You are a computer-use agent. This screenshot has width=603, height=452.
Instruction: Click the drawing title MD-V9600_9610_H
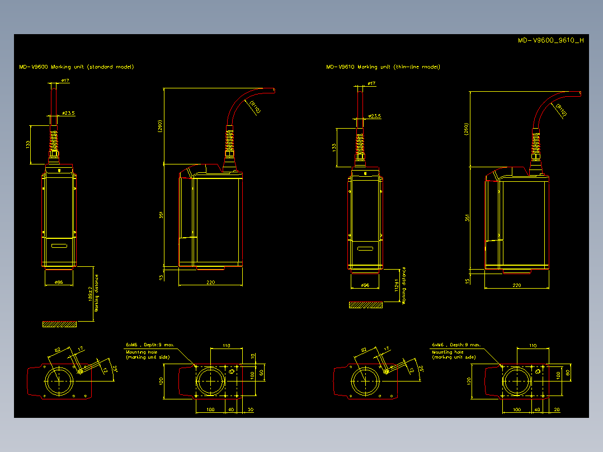[550, 40]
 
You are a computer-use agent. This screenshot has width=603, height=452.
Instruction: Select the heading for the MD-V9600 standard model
[76, 67]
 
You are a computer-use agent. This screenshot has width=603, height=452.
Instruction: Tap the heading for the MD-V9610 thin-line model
[383, 67]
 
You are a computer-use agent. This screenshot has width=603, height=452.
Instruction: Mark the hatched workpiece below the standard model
[59, 324]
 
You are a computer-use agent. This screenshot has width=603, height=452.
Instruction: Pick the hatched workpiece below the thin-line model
[366, 305]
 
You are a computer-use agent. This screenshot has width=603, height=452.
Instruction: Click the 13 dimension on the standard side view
[161, 276]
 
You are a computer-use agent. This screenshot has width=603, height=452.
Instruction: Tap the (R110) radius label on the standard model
[254, 107]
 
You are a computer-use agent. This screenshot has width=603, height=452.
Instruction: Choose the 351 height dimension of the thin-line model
[467, 218]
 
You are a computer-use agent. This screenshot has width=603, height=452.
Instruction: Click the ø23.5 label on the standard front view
[68, 113]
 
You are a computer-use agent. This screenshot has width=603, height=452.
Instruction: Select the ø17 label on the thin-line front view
[371, 84]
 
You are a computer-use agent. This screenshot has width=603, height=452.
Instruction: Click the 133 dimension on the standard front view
[28, 144]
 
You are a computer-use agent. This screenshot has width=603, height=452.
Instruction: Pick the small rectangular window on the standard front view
[59, 244]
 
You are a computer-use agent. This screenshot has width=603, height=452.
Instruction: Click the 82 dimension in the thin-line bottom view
[364, 350]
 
